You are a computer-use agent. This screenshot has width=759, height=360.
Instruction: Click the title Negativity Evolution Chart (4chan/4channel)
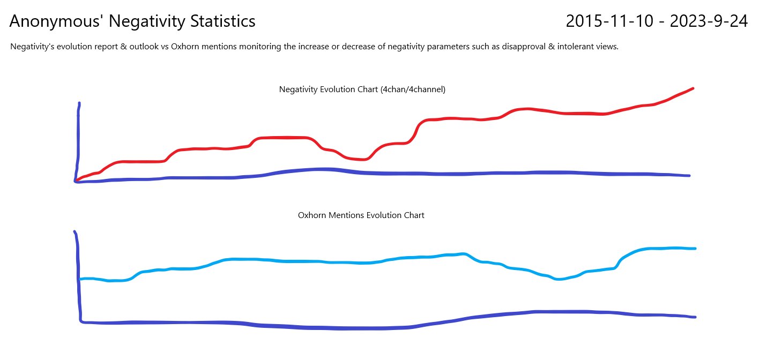click(x=362, y=89)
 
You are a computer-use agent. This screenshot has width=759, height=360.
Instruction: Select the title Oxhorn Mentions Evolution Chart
click(x=361, y=215)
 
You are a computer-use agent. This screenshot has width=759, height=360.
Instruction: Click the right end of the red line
click(x=693, y=88)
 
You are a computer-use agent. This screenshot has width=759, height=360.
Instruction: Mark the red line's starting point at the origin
click(x=77, y=180)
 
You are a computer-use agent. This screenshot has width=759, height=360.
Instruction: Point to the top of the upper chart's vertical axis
click(x=79, y=103)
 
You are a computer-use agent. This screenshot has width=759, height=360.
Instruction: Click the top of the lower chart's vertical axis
click(x=74, y=231)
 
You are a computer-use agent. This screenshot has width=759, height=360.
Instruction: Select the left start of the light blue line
click(x=80, y=279)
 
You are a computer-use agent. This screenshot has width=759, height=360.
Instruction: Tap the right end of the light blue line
click(x=695, y=249)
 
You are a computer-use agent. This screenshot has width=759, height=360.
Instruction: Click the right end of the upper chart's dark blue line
click(x=689, y=176)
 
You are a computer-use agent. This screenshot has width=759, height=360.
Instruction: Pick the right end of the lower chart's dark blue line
click(x=695, y=317)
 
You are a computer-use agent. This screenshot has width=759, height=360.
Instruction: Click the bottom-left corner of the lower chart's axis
click(x=81, y=321)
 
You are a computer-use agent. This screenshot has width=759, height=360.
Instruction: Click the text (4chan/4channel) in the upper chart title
click(x=413, y=89)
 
